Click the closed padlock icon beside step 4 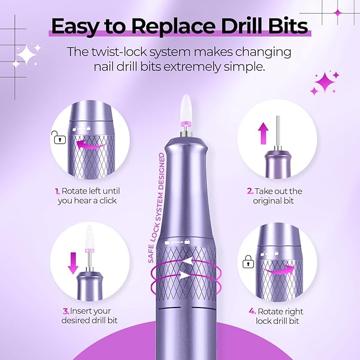pyautogui.click(x=247, y=261)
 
